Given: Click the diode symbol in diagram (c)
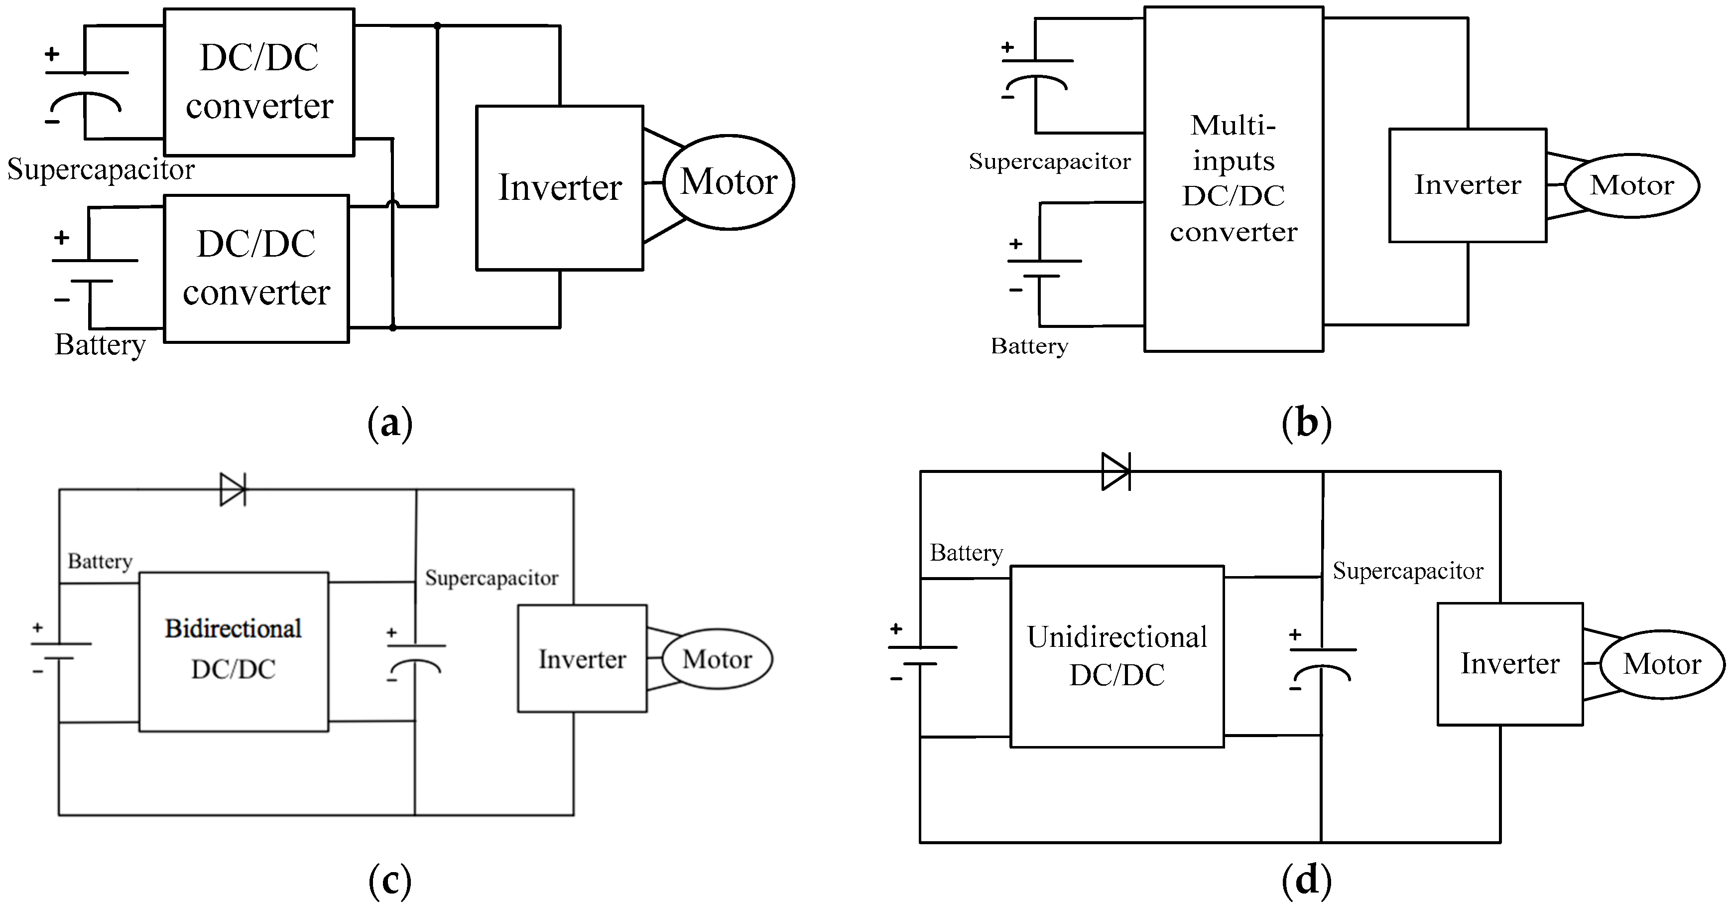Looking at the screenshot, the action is point(233,489).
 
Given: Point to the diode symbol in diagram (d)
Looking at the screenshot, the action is point(1116,471).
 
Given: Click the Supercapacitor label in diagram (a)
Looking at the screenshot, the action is point(101,169).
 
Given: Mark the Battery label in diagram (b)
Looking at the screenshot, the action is point(1029,346).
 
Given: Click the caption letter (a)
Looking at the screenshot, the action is point(390,424).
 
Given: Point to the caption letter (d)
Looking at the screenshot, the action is point(1306,880).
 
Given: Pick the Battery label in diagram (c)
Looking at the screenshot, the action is point(100,562).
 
